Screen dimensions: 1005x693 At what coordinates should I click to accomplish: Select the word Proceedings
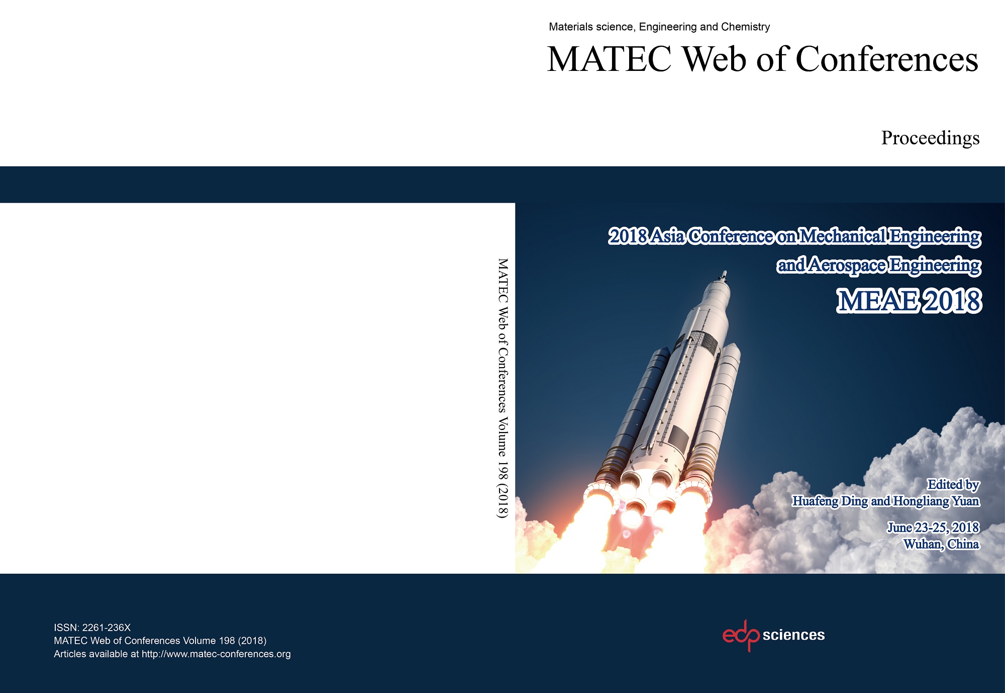tap(930, 138)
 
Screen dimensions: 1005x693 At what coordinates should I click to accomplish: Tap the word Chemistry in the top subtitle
tap(745, 27)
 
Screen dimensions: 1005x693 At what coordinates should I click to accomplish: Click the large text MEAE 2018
tap(909, 301)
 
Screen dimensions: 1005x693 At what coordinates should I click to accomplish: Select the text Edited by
tap(953, 484)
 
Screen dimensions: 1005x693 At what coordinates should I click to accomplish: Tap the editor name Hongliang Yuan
tap(936, 501)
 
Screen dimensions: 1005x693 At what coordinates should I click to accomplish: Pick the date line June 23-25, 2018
tap(933, 528)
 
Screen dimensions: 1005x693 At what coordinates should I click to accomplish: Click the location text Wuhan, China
tap(941, 544)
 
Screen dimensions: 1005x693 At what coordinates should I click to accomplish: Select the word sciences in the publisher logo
tap(793, 635)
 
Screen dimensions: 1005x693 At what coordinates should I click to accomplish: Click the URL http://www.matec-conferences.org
tap(216, 654)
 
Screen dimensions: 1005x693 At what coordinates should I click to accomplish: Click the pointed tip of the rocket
tap(724, 273)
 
